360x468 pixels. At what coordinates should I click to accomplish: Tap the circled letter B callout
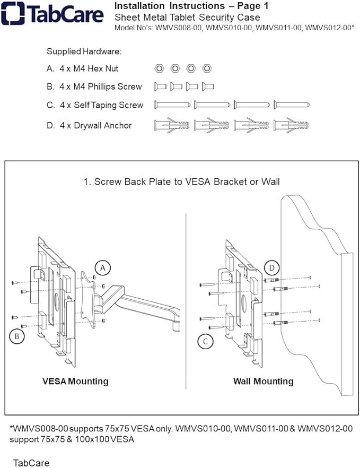[x=17, y=335]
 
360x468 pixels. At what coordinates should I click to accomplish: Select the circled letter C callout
[x=205, y=341]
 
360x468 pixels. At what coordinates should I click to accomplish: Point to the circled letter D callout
[x=271, y=268]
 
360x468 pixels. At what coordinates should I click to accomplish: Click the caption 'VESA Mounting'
[x=75, y=381]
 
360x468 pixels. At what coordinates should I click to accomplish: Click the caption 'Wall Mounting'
[x=263, y=381]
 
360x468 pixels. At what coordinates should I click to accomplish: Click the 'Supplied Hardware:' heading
[x=84, y=51]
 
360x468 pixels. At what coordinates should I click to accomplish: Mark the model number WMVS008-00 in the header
[x=179, y=28]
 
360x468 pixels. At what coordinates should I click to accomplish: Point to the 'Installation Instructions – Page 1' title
[x=191, y=6]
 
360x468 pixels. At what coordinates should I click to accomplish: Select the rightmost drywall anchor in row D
[x=291, y=125]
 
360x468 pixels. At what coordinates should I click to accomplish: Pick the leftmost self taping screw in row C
[x=172, y=105]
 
